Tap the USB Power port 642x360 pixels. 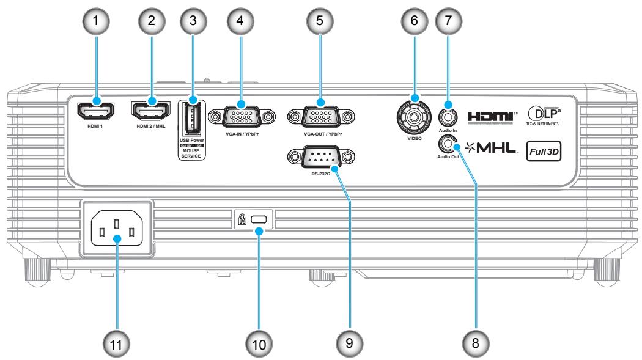(191, 120)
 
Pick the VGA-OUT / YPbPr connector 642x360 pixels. (320, 116)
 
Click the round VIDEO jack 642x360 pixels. (413, 114)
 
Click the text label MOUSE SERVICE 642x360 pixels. (191, 154)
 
